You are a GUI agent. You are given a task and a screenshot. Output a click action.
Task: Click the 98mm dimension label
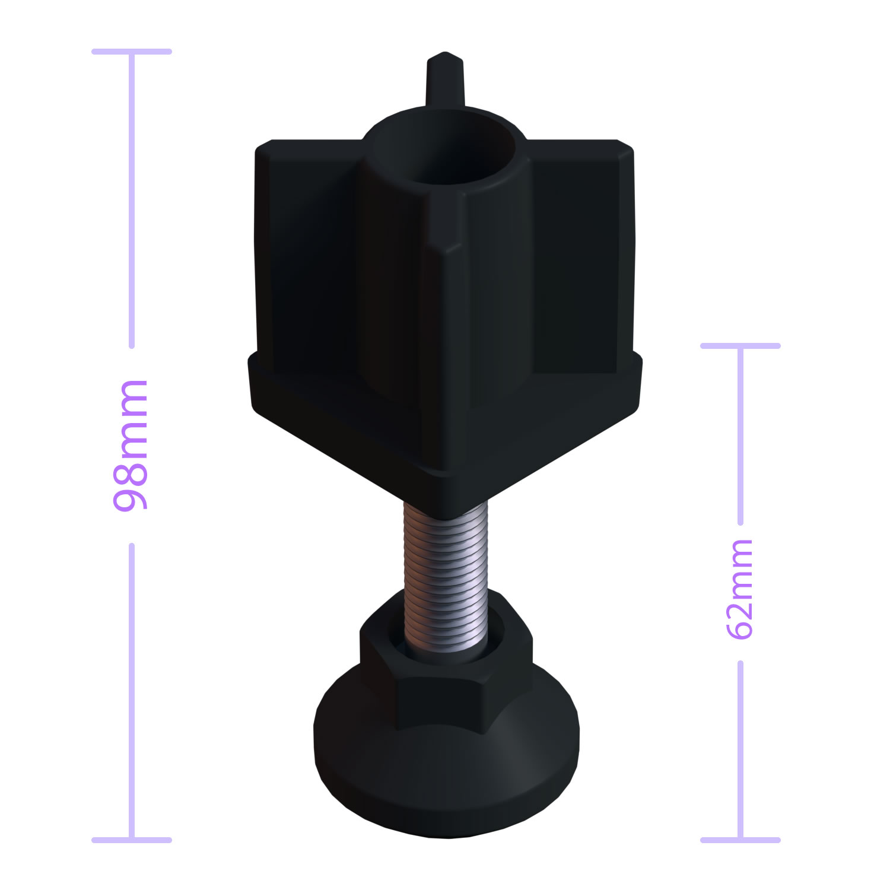click(131, 445)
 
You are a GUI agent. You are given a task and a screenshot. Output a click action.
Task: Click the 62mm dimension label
click(740, 589)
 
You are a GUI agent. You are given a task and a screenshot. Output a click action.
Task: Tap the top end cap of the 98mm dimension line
click(132, 52)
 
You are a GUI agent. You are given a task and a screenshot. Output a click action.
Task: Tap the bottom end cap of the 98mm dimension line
click(132, 840)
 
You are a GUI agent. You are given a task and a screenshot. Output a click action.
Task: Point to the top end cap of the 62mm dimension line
click(740, 345)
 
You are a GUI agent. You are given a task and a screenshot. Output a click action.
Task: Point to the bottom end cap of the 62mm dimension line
click(740, 840)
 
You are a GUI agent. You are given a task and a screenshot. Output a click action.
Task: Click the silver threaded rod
click(446, 576)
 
